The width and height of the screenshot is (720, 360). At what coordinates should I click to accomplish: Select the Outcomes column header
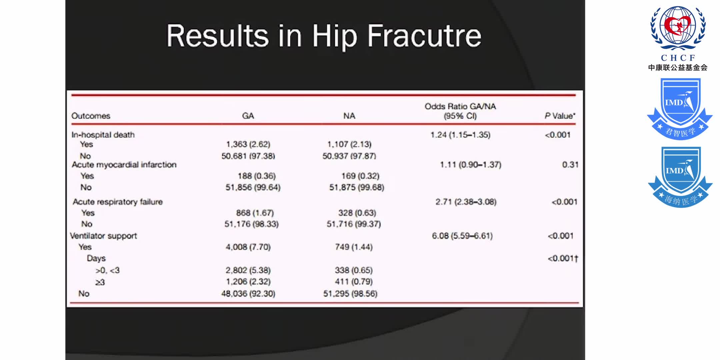[91, 116]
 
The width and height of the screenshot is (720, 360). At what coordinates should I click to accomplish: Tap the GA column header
[248, 116]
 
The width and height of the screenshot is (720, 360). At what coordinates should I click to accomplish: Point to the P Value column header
[560, 116]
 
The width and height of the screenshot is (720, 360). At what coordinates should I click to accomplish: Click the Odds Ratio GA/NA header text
[460, 106]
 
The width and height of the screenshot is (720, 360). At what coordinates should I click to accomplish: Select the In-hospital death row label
[103, 135]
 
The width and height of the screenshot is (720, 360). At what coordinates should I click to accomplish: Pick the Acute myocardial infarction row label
[124, 165]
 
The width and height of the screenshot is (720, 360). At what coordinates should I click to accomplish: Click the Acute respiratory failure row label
[118, 202]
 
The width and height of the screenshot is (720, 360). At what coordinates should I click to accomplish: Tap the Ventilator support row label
[103, 236]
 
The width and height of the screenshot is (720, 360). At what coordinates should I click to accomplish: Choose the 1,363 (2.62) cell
[248, 144]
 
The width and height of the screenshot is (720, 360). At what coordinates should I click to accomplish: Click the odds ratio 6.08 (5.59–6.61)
[462, 236]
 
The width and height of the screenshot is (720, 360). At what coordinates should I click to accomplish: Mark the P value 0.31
[570, 165]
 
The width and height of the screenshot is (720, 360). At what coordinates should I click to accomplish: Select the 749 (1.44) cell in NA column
[354, 247]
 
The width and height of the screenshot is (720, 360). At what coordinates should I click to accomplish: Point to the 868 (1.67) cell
[255, 213]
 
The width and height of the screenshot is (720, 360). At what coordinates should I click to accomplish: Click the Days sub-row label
[96, 258]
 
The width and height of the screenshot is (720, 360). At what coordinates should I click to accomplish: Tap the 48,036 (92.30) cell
[248, 294]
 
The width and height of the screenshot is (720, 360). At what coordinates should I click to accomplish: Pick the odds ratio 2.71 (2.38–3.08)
[466, 202]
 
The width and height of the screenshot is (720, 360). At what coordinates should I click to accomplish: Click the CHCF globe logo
[678, 28]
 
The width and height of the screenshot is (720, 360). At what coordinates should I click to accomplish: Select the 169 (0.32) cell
[360, 176]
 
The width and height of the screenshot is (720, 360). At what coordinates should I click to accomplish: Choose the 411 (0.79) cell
[354, 282]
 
